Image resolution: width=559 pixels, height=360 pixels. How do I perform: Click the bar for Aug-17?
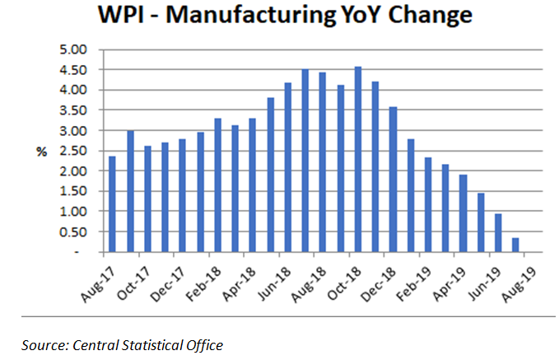pyautogui.click(x=112, y=204)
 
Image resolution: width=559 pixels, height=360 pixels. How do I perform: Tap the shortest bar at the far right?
pyautogui.click(x=515, y=245)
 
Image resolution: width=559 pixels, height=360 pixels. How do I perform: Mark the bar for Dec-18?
pyautogui.click(x=393, y=180)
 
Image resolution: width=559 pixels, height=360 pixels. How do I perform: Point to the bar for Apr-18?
pyautogui.click(x=253, y=185)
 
